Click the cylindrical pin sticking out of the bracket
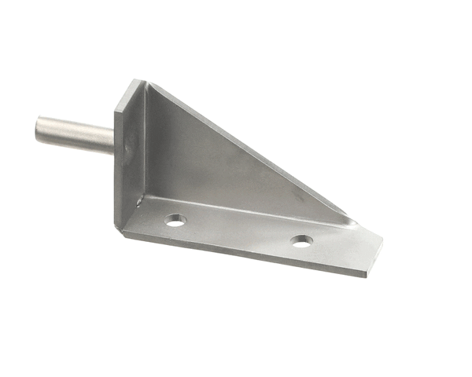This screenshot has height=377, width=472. coord(75,134)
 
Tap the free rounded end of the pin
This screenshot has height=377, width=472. coord(39,127)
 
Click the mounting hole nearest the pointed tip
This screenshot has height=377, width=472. coord(301,240)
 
